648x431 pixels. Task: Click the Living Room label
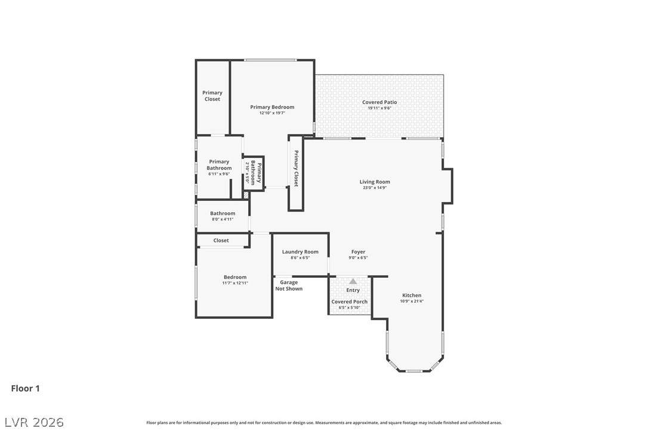[374, 182]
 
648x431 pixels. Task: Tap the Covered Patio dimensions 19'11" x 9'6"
[379, 108]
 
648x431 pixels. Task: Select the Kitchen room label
[412, 295]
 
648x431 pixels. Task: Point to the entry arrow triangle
[353, 281]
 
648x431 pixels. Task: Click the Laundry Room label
[300, 252]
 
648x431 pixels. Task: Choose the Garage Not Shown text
[289, 286]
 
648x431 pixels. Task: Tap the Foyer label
[358, 252]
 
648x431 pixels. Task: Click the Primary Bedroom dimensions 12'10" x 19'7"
[272, 113]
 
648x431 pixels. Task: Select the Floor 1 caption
[25, 389]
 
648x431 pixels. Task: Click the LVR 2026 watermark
[34, 422]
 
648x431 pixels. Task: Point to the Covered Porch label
[349, 302]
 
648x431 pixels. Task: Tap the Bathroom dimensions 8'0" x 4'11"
[223, 219]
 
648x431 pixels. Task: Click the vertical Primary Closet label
[296, 169]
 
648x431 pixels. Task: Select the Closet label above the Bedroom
[221, 240]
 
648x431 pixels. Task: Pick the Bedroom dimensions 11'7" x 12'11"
[235, 283]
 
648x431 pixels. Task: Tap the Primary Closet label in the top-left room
[212, 96]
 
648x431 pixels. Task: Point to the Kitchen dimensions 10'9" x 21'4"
[412, 301]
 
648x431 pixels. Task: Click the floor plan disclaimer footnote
[324, 423]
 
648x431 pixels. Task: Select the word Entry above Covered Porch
[353, 290]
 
